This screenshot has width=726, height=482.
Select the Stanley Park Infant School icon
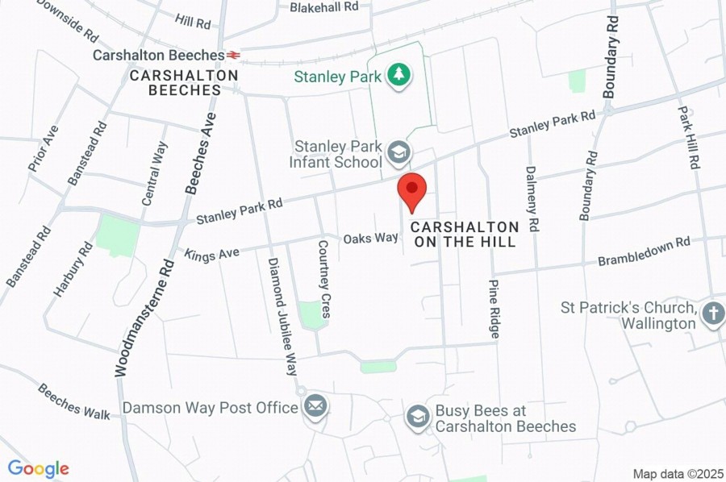click(x=398, y=151)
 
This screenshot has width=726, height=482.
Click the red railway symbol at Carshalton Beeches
click(x=233, y=55)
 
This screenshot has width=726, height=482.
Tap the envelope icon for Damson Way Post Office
click(x=315, y=405)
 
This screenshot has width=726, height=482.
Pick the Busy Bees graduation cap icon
click(x=417, y=416)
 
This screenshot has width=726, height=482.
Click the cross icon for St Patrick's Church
click(x=712, y=314)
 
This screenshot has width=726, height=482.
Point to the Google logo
click(x=38, y=468)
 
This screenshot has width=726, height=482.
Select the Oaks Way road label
click(x=371, y=238)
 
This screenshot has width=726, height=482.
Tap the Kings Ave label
click(x=212, y=254)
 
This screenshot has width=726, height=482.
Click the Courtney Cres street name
click(x=324, y=279)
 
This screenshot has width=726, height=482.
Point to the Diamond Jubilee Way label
click(x=283, y=317)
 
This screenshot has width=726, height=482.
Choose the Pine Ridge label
click(x=494, y=309)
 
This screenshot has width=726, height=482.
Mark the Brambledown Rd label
click(x=645, y=251)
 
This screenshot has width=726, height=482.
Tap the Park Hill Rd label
click(x=688, y=137)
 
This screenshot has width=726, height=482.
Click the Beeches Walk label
click(x=73, y=401)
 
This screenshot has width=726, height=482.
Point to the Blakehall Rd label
click(x=323, y=6)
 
